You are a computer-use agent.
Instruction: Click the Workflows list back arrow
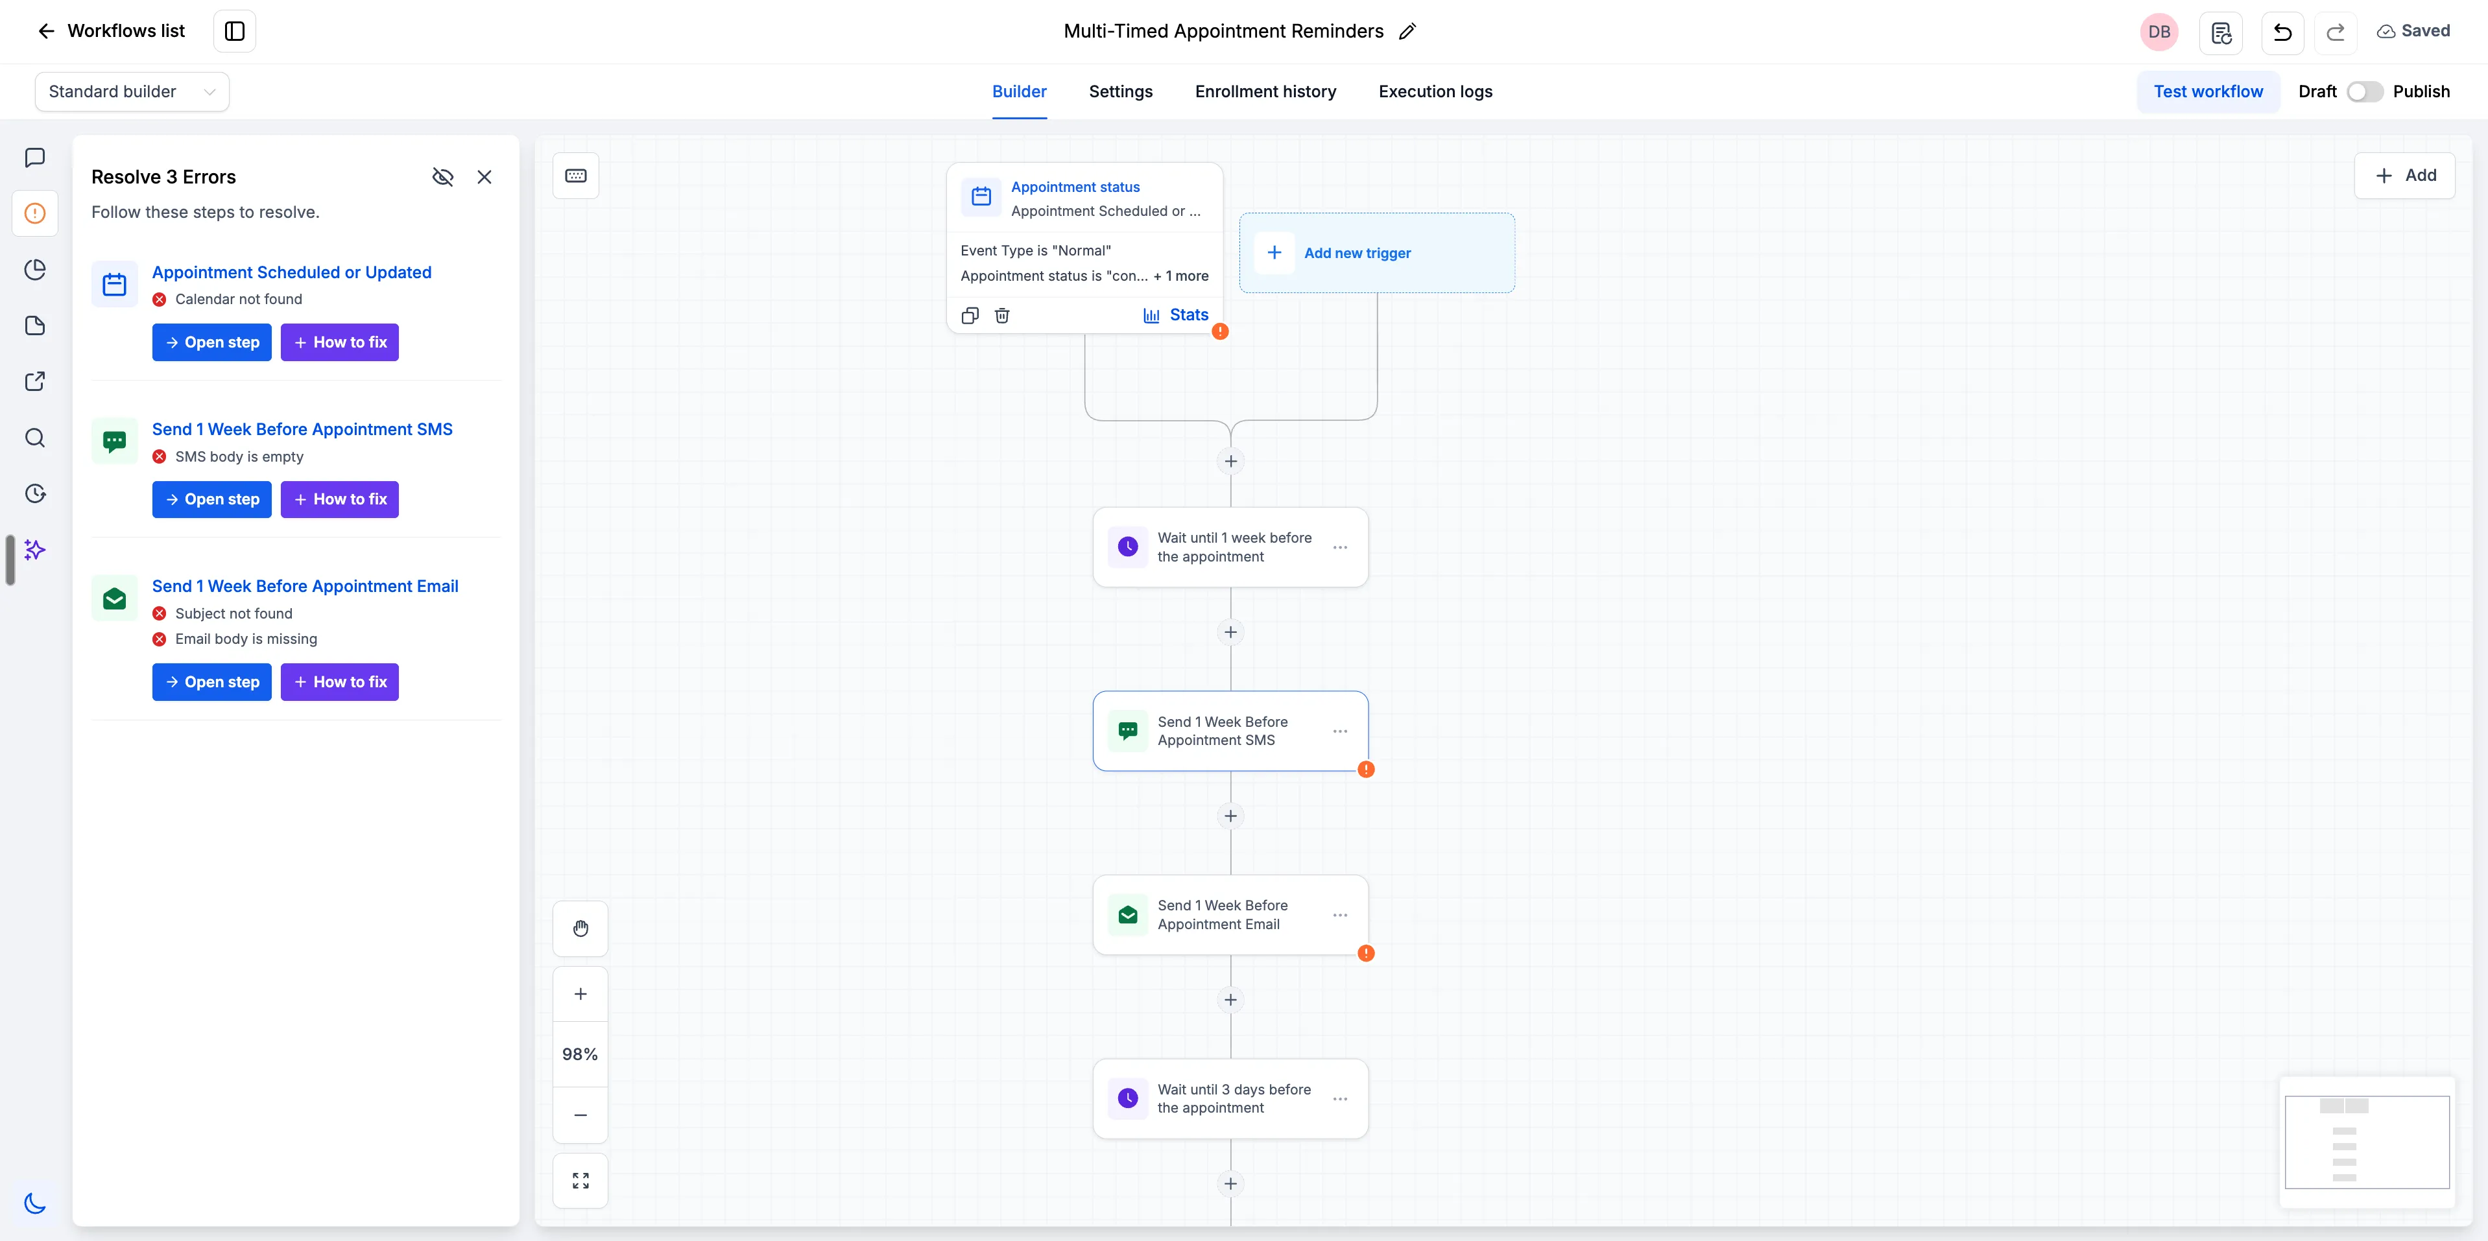click(x=45, y=31)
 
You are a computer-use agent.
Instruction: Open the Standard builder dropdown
click(x=132, y=92)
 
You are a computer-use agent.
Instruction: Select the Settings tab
click(x=1120, y=92)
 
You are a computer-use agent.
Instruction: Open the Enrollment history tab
click(x=1265, y=92)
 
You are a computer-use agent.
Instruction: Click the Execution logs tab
click(x=1435, y=92)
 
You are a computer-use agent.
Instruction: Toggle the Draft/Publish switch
click(x=2364, y=92)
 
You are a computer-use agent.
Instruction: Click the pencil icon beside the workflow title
click(x=1407, y=31)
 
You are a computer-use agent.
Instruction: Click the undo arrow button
click(x=2282, y=32)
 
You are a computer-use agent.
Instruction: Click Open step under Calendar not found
click(x=211, y=342)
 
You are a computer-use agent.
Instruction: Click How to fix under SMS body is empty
click(x=340, y=499)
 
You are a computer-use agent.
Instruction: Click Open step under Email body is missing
click(x=211, y=682)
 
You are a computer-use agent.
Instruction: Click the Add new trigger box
click(x=1376, y=253)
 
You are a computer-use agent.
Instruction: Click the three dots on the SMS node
click(x=1339, y=731)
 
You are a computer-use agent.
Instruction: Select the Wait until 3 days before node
click(x=1230, y=1099)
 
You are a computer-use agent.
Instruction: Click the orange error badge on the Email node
click(x=1366, y=953)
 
